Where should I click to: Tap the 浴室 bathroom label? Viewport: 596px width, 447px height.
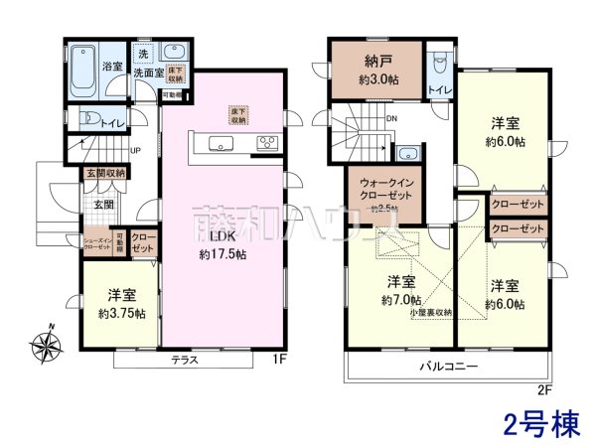(112, 67)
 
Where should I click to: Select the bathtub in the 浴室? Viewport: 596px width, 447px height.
(82, 69)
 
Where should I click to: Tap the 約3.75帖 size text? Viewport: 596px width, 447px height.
(121, 313)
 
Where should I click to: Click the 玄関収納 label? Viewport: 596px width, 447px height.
(105, 173)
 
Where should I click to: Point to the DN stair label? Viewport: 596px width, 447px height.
(391, 118)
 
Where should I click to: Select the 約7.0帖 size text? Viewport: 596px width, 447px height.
(400, 298)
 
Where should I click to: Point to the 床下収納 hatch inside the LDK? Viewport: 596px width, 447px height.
(237, 113)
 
